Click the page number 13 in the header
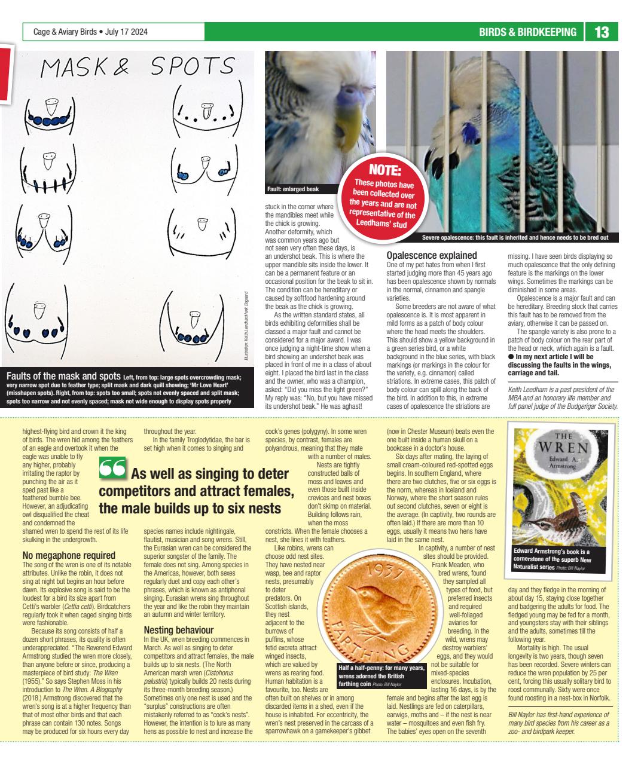[x=602, y=32]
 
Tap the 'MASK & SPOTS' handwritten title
[x=136, y=68]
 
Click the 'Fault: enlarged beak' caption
[x=292, y=189]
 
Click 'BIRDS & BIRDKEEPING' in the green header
[x=527, y=32]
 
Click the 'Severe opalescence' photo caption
[x=515, y=238]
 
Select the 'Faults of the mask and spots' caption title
[x=63, y=376]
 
